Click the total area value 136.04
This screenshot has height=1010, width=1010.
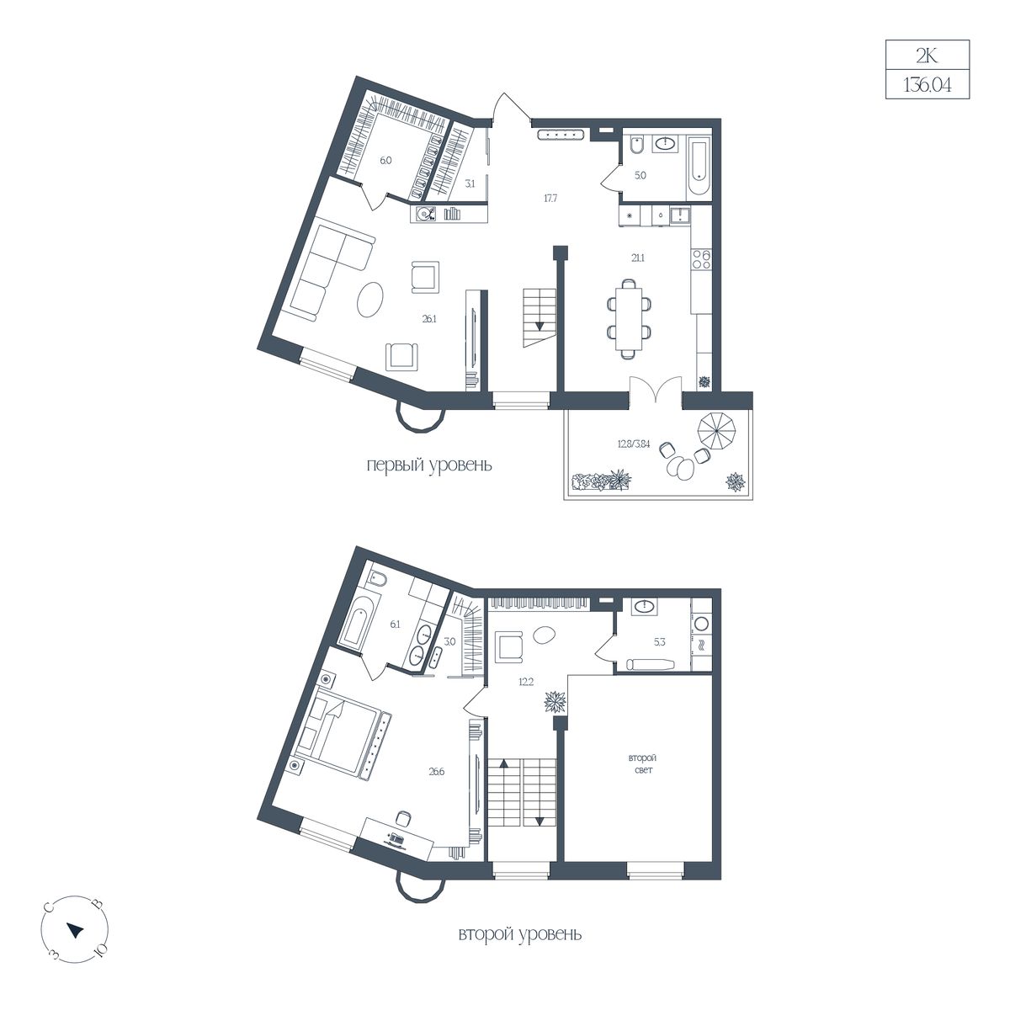click(x=928, y=85)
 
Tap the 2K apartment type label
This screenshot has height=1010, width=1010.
click(x=927, y=56)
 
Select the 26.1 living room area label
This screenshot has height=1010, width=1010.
click(x=428, y=319)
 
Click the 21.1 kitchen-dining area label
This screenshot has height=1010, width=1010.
click(x=637, y=258)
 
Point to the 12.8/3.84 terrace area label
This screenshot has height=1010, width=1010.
click(x=634, y=444)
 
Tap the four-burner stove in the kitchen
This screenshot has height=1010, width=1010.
click(x=701, y=258)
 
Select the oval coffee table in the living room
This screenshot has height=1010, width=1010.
click(x=370, y=300)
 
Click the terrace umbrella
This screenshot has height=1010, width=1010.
click(x=716, y=431)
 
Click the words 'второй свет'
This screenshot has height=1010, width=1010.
click(x=642, y=763)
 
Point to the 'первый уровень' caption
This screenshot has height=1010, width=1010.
click(x=428, y=465)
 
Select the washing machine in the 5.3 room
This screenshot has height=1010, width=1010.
click(x=701, y=624)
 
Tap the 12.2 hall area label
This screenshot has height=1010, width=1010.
click(x=526, y=682)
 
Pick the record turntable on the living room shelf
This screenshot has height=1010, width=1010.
click(x=426, y=214)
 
